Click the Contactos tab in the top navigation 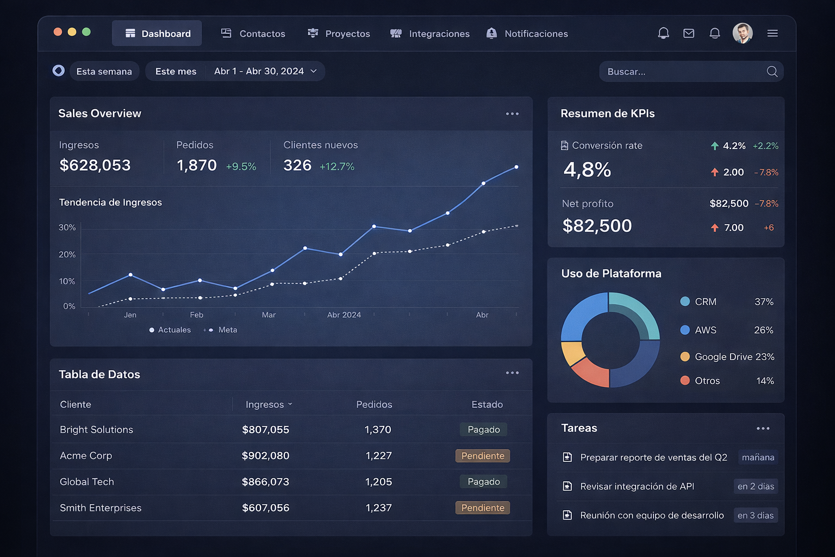click(x=253, y=34)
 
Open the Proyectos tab click(x=339, y=34)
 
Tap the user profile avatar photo click(x=742, y=33)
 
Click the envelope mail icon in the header click(x=689, y=33)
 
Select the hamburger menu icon click(x=772, y=33)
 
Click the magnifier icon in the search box click(x=771, y=71)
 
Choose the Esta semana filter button click(x=104, y=71)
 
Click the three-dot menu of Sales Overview click(x=512, y=114)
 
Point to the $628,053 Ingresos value click(x=95, y=165)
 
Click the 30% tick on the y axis click(x=67, y=227)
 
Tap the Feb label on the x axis click(x=197, y=315)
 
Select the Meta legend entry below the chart click(x=223, y=330)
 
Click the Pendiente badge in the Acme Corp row click(x=483, y=456)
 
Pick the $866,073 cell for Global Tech click(x=265, y=482)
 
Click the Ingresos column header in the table click(x=265, y=405)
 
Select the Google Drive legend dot click(x=685, y=357)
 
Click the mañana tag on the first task click(x=758, y=457)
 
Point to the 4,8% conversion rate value click(x=587, y=170)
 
